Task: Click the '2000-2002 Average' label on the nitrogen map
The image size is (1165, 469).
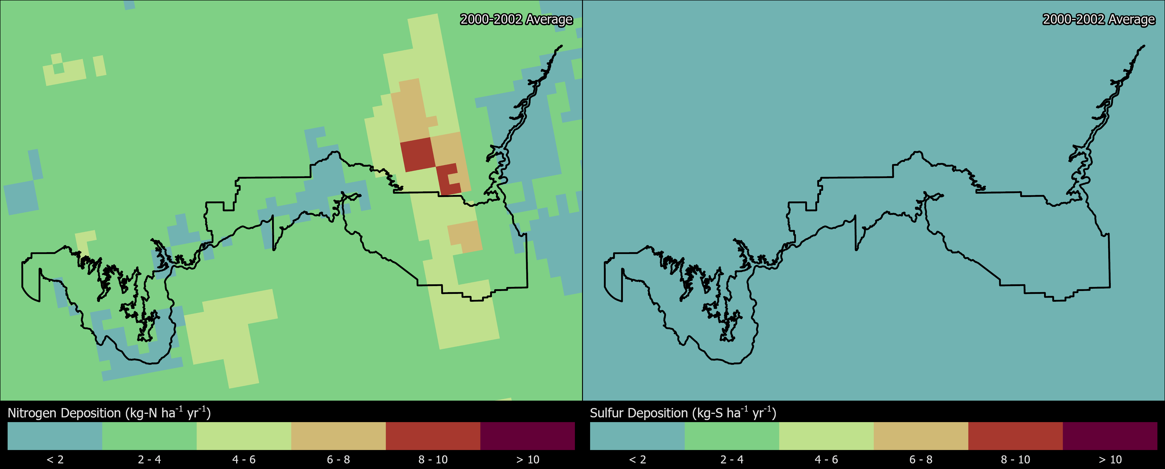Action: pos(516,19)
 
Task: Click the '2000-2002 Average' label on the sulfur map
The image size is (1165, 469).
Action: pos(1098,19)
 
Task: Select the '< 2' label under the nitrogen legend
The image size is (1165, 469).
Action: pos(55,459)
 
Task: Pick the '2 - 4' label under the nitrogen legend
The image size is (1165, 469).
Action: pos(149,459)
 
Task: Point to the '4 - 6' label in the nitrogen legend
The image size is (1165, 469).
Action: pos(244,459)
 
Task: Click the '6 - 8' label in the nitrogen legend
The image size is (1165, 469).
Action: pos(338,459)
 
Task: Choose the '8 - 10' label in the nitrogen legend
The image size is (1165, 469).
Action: pos(433,459)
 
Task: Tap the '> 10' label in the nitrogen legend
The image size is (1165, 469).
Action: pos(527,459)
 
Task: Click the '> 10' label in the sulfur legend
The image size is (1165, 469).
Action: pos(1110,459)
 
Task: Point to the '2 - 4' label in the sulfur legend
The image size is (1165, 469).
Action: pos(732,459)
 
